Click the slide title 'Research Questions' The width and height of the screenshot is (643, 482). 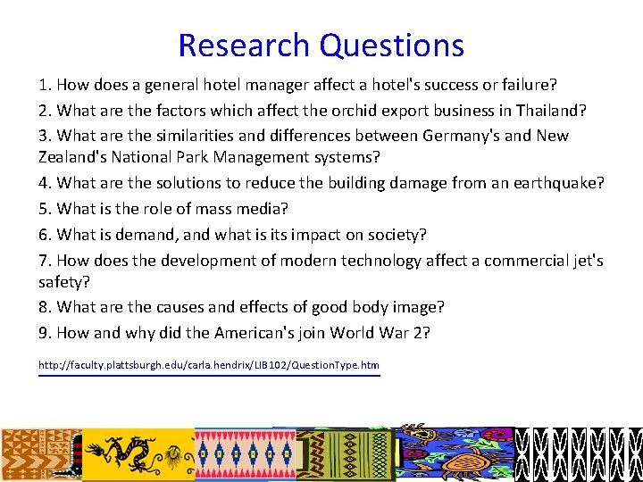pos(321,45)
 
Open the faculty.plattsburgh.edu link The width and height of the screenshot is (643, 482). pos(208,365)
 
